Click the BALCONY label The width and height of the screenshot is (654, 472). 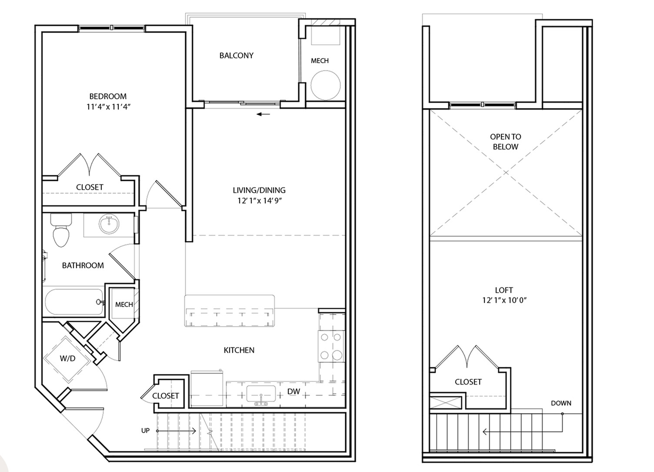coord(236,56)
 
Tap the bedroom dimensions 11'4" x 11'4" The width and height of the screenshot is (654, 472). coord(108,107)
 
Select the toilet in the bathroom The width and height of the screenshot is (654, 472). coord(61,230)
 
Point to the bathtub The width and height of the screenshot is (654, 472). coord(74,302)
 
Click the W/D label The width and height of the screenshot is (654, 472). coord(67,359)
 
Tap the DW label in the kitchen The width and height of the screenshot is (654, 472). coord(294,392)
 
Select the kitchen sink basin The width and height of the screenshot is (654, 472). coord(261,394)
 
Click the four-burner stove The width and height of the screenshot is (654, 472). coord(331,346)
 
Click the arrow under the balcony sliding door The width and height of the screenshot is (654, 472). coord(264,114)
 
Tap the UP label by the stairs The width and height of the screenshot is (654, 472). coord(145,431)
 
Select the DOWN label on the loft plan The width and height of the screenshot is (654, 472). coord(561,403)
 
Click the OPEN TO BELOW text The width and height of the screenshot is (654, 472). coord(505,142)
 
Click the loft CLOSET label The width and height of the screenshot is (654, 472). coord(468,382)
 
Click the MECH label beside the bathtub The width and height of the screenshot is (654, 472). coord(124,304)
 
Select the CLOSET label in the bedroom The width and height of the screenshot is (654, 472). coord(90,187)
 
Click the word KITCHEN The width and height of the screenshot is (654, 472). coord(239,350)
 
